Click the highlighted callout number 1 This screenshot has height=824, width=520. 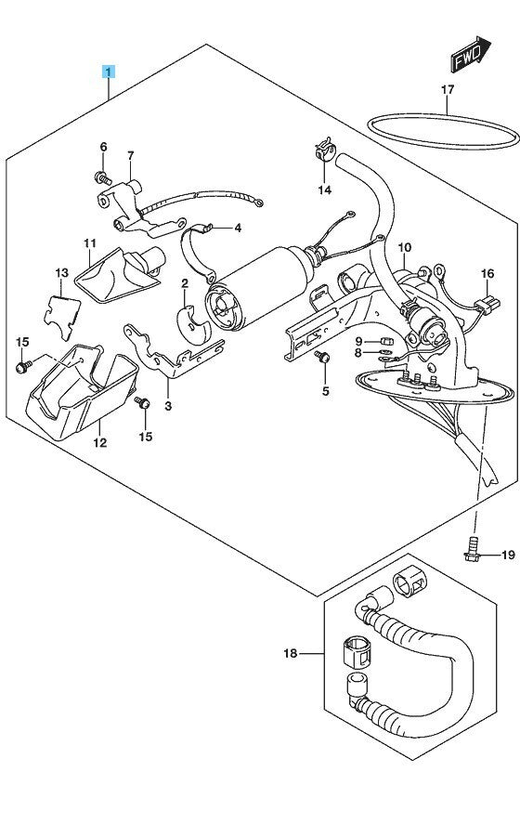[109, 72]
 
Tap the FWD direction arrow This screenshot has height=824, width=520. [471, 54]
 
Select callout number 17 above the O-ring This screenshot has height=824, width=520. [447, 90]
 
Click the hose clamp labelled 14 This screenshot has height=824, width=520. [325, 150]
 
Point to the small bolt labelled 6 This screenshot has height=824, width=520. [103, 178]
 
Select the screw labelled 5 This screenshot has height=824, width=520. [322, 357]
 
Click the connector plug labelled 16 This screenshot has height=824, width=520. [487, 305]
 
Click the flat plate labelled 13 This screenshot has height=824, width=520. [61, 317]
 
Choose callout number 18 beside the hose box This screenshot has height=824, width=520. [291, 653]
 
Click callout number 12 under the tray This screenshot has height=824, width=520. [99, 442]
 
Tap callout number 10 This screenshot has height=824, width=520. [405, 247]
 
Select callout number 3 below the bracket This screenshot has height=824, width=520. [168, 406]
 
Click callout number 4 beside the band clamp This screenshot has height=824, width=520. [238, 229]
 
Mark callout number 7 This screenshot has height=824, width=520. [130, 155]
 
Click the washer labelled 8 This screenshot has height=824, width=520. [385, 353]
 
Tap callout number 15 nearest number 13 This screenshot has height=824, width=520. [22, 342]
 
